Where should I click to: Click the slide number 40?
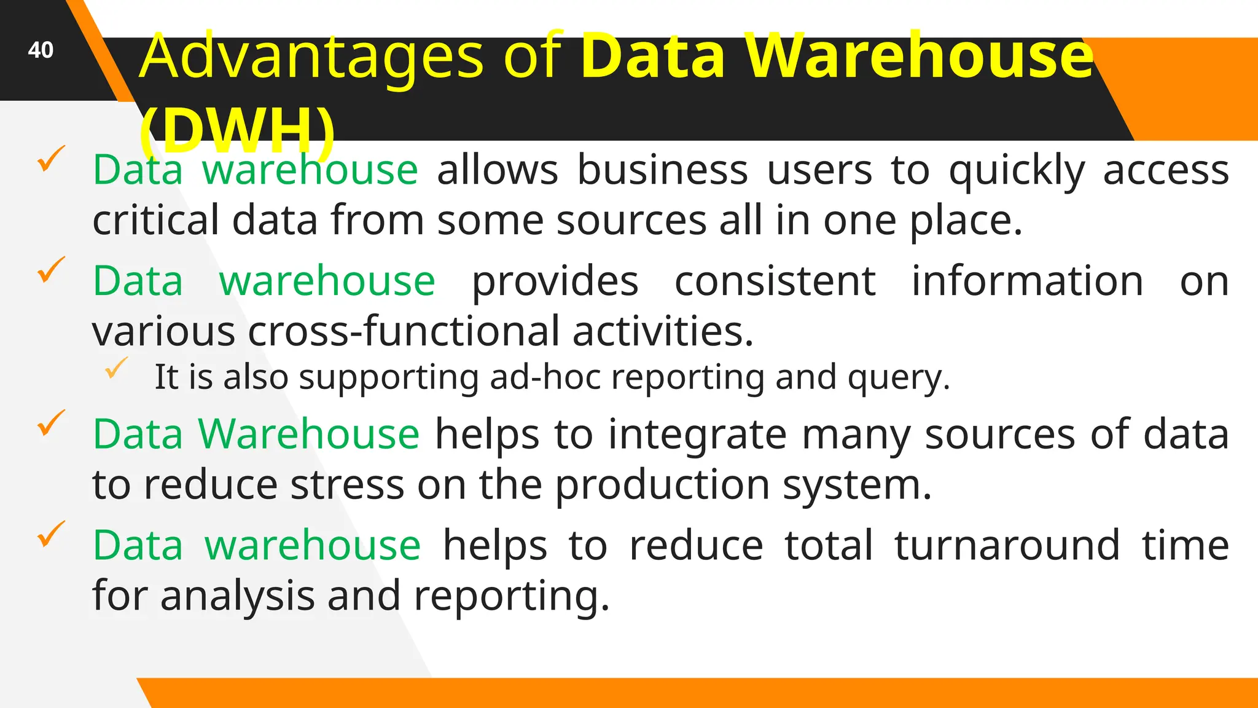[x=41, y=50]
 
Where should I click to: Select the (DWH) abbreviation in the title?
[x=237, y=131]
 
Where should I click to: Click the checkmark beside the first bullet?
[x=51, y=159]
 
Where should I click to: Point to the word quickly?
[x=1017, y=170]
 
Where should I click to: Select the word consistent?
[x=775, y=281]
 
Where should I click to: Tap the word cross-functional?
[x=404, y=331]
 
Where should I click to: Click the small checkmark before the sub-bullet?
[x=115, y=368]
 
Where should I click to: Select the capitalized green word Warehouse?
[x=308, y=434]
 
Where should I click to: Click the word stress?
[x=347, y=485]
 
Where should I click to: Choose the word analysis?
[x=237, y=596]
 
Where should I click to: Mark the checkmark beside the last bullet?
[x=51, y=533]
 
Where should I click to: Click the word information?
[x=1026, y=281]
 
